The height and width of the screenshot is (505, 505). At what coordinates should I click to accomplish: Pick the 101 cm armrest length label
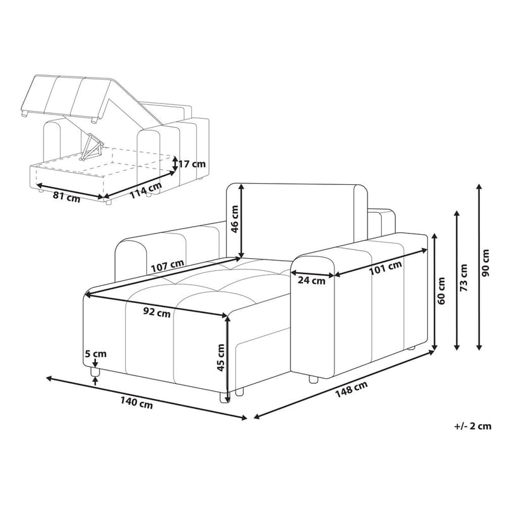tap(386, 268)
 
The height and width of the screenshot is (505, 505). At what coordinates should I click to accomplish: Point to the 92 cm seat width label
tap(155, 312)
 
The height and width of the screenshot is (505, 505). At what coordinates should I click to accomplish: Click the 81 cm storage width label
tap(66, 196)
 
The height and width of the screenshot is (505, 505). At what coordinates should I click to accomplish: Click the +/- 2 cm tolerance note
tap(472, 427)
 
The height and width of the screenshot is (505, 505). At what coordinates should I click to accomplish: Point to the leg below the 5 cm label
tap(96, 376)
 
